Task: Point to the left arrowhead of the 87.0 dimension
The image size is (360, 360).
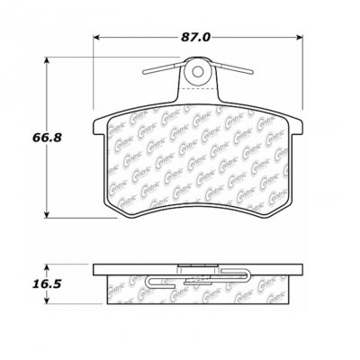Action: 96,37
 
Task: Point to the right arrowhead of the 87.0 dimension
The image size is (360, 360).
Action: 301,37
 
